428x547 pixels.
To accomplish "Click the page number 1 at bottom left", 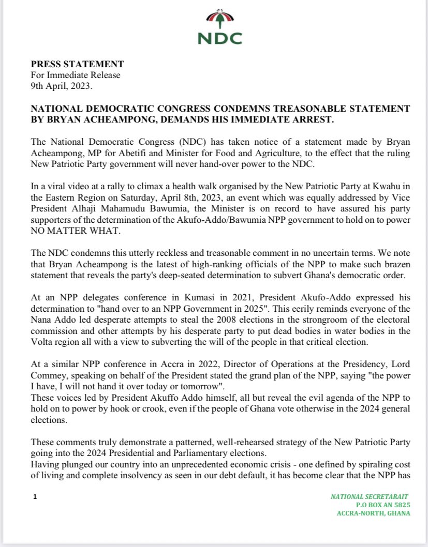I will click(x=34, y=497).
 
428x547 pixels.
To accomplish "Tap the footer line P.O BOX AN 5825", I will click(x=382, y=505).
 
